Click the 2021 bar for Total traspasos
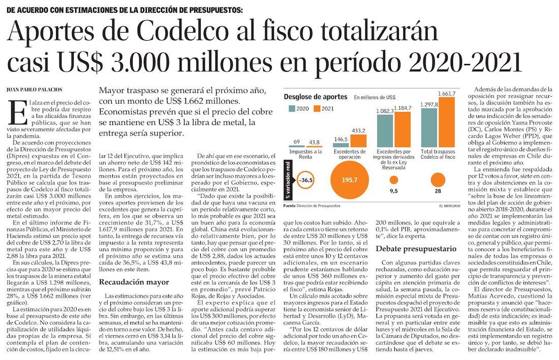(x=446, y=122)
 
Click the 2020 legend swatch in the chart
(x=292, y=108)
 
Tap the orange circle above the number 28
(x=438, y=179)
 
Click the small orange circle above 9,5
(x=393, y=179)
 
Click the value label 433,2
(x=358, y=131)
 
